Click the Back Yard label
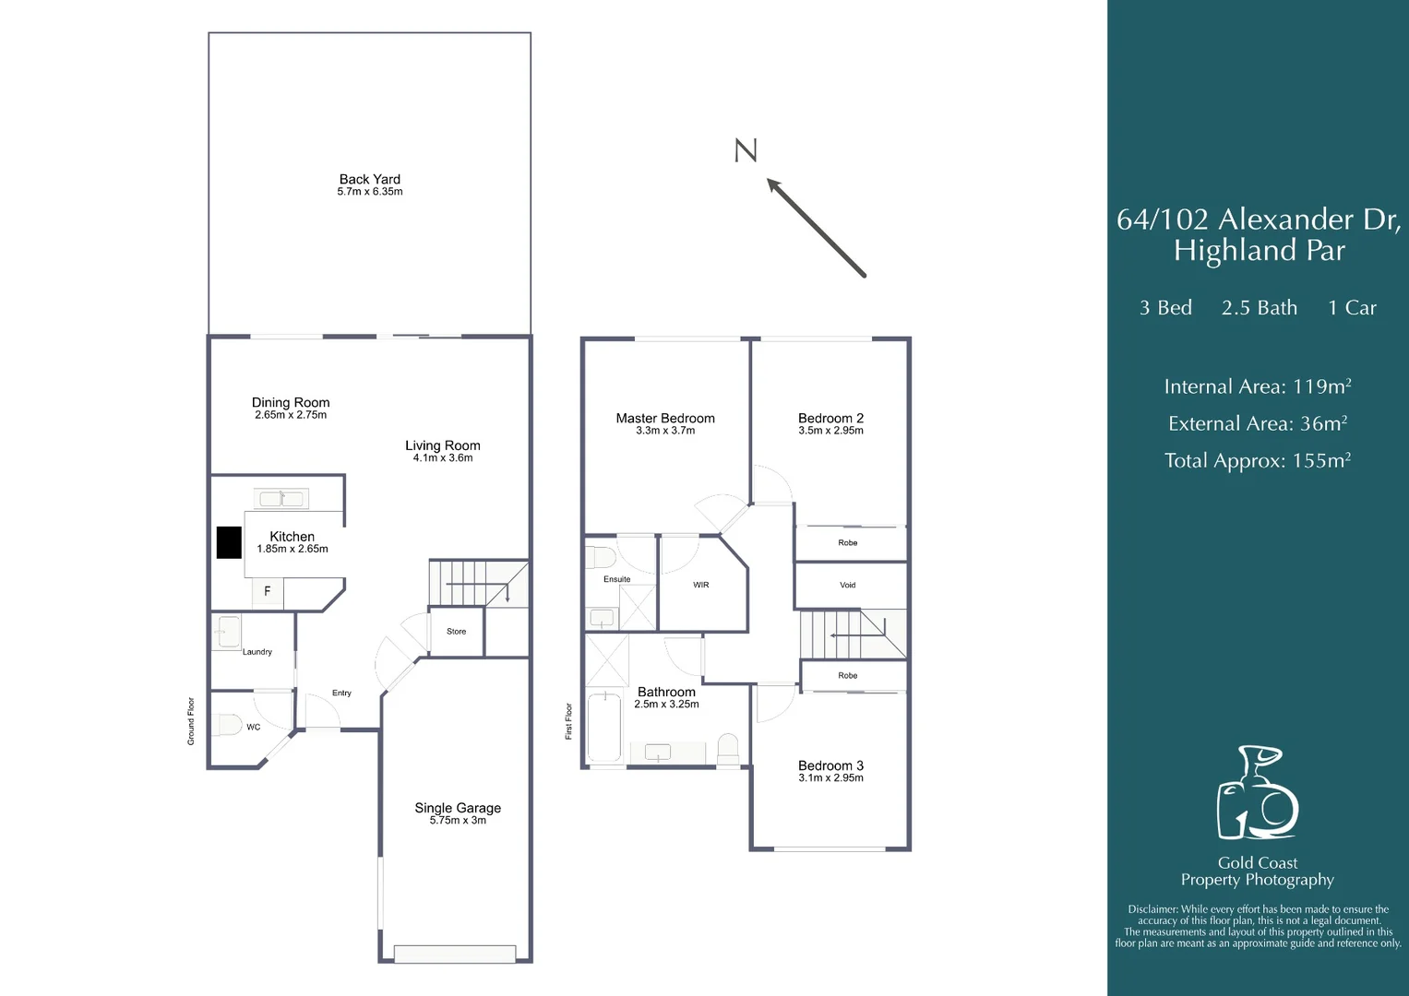coord(370,179)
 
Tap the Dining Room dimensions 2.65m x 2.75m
coord(291,415)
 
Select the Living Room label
coord(443,445)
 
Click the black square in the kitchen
coord(229,542)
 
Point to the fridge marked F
coord(268,592)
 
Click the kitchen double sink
coord(281,499)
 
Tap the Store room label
coord(457,632)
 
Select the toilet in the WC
coord(226,725)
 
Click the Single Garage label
coord(458,808)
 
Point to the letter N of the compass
coord(746,151)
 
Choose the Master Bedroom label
coord(665,418)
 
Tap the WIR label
coord(701,585)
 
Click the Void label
coord(848,585)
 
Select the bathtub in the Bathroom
coord(604,728)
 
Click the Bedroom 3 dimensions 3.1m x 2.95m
coord(831,777)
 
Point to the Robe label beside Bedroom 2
coord(848,542)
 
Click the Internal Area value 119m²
coord(1322,385)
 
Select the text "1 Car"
coord(1353,307)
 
